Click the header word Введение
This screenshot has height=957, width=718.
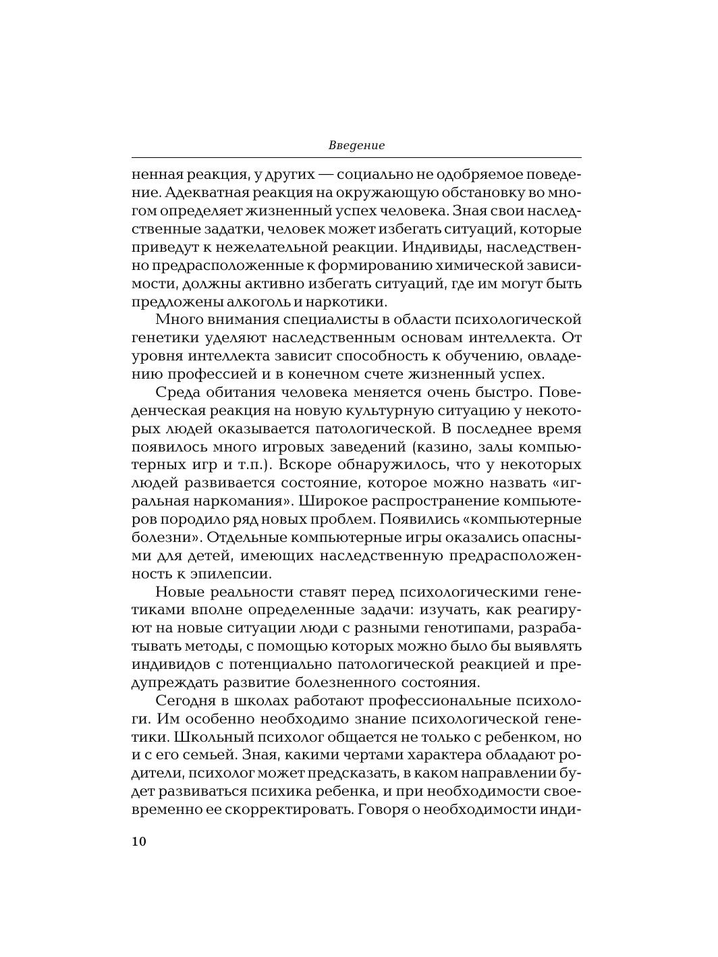tap(356, 145)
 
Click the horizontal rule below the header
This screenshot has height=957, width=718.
tap(356, 157)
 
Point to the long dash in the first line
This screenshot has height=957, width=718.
tap(325, 174)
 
